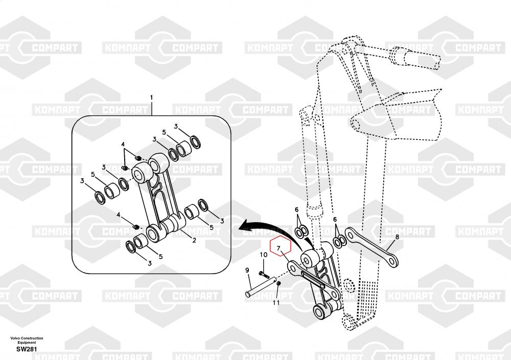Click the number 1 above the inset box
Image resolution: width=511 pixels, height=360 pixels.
pyautogui.click(x=151, y=97)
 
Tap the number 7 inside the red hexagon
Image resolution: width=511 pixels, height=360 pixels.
pyautogui.click(x=278, y=249)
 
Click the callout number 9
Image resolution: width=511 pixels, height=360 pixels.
pyautogui.click(x=247, y=270)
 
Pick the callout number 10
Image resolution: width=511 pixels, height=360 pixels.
pyautogui.click(x=264, y=255)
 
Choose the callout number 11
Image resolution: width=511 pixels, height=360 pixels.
pyautogui.click(x=276, y=302)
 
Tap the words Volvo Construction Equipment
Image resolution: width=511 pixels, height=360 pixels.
pyautogui.click(x=26, y=340)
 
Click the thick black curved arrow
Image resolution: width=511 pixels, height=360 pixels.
pyautogui.click(x=261, y=225)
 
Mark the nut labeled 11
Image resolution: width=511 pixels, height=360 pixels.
pyautogui.click(x=277, y=283)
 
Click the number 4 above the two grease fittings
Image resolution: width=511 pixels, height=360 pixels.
pyautogui.click(x=123, y=145)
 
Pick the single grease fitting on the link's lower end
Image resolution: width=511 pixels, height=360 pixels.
pyautogui.click(x=135, y=226)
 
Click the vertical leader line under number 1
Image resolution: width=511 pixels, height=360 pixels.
pyautogui.click(x=151, y=108)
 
